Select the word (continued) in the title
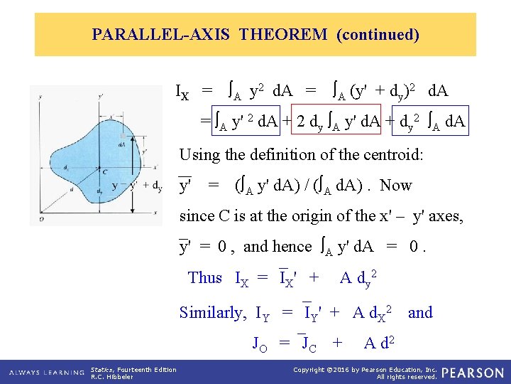coord(378,34)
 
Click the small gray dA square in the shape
coord(123,135)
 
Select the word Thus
coord(205,278)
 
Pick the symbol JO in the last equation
coord(260,344)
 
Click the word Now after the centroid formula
coord(395,186)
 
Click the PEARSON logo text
coord(474,373)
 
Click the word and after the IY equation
coord(420,313)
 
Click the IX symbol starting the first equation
coord(183,92)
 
